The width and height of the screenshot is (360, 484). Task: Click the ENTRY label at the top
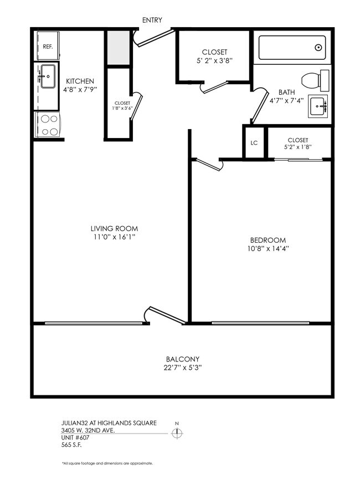coord(152,21)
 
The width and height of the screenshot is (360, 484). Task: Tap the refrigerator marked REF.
coord(48,47)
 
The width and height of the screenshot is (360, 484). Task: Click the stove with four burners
coord(48,124)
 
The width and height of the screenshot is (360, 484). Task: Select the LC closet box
coord(254,142)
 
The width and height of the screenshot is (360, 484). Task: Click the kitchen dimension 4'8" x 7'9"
coord(80,89)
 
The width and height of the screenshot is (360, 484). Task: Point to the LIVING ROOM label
coord(114,228)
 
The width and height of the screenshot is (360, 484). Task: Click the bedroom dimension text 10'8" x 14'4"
coord(268,249)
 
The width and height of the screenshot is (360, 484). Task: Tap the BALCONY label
coord(182,359)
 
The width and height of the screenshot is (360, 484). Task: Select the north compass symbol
coord(177,433)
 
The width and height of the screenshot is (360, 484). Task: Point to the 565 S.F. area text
coord(72,445)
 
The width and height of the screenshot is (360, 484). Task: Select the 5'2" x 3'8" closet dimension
coord(214,61)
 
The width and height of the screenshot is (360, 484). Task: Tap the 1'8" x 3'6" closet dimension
coord(122,109)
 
